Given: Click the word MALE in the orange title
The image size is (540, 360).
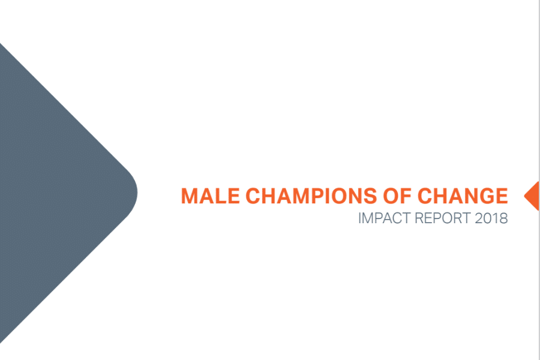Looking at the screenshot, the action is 210,196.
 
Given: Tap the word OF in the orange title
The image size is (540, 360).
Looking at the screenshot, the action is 397,196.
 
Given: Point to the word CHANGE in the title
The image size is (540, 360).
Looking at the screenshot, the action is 463,196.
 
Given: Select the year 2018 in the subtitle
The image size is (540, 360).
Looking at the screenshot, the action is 491,218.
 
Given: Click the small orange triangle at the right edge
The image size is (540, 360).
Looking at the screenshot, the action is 532,196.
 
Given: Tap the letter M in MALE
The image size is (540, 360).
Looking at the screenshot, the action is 189,196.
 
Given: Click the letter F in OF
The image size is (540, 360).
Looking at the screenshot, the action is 406,196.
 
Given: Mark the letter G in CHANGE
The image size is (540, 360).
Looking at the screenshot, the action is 486,196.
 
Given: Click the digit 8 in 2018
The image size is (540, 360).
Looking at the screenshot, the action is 503,218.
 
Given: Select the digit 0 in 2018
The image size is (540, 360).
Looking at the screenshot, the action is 487,218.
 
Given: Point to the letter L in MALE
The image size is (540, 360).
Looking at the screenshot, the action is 220,196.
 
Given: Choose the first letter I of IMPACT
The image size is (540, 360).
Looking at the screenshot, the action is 360,218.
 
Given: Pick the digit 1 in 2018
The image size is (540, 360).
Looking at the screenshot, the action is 495,218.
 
